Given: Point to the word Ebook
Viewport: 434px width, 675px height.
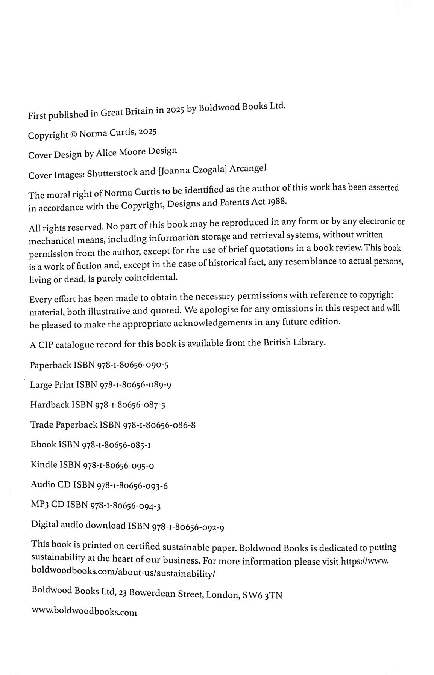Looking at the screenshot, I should (x=43, y=444).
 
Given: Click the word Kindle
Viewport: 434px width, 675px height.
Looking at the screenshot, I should (x=44, y=465).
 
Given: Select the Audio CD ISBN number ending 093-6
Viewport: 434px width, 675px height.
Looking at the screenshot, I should (x=132, y=485).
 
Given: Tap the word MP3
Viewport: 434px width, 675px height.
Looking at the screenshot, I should (x=39, y=505).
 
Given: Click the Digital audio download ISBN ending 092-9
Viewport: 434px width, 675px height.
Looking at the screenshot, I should (x=188, y=527).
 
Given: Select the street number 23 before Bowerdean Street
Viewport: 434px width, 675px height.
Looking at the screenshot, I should (x=123, y=593).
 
